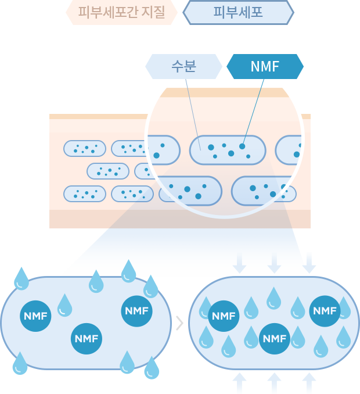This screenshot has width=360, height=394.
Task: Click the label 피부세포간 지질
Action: click(x=121, y=13)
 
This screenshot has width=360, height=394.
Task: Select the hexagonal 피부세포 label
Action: click(x=238, y=13)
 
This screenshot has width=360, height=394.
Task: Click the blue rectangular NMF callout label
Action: click(x=265, y=66)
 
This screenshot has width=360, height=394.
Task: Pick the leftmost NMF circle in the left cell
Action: click(x=36, y=316)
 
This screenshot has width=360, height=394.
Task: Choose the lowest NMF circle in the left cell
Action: click(x=86, y=338)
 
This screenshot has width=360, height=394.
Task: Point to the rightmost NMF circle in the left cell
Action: click(x=136, y=311)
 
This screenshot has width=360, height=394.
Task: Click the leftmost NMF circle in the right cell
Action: click(x=224, y=316)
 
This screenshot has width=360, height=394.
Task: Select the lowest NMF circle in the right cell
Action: click(x=274, y=338)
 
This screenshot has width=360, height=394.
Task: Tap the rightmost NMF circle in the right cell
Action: click(x=325, y=311)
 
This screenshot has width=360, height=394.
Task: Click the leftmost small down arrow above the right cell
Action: click(x=239, y=263)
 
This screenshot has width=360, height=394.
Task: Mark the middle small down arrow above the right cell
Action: click(x=274, y=263)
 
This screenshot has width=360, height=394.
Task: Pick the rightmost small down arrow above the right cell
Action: click(x=308, y=263)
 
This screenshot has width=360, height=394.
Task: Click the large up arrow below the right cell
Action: click(x=274, y=384)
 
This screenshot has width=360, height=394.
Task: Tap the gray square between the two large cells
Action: click(x=179, y=323)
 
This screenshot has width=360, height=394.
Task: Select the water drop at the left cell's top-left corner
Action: click(x=21, y=278)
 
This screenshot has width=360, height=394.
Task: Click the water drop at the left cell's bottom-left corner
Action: click(x=20, y=364)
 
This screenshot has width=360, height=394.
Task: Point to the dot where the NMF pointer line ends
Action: click(x=242, y=146)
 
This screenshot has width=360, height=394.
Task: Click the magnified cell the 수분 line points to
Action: click(x=228, y=150)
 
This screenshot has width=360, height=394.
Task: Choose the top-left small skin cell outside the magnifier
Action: click(x=85, y=149)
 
